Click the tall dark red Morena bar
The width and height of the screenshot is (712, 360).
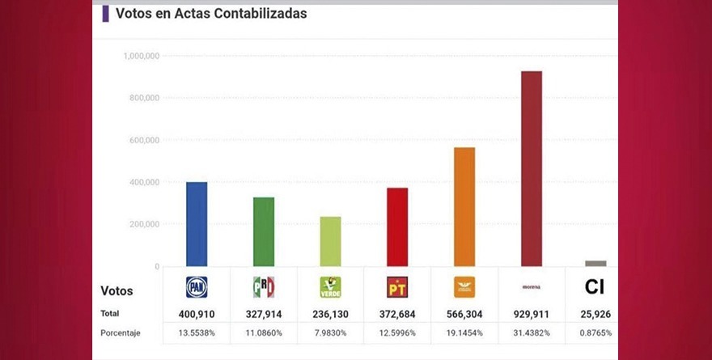pos(531,168)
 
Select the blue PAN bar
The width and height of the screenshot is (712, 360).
pos(197,224)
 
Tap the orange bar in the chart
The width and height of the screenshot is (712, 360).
pos(464,206)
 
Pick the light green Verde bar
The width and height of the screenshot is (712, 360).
pos(330,241)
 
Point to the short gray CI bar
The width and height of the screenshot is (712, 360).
pos(595,263)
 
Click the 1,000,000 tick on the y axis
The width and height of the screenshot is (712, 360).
pos(141,56)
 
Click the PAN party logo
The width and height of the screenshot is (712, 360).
pos(197,287)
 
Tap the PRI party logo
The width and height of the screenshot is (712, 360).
pos(264,287)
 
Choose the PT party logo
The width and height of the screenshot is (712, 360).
pos(396,287)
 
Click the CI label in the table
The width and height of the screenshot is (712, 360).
pos(595,287)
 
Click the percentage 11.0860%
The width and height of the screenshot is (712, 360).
pos(264,332)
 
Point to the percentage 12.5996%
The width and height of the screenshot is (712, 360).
pos(396,332)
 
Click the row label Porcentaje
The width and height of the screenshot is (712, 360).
pos(121,332)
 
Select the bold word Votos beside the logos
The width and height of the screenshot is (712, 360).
pos(117,290)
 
